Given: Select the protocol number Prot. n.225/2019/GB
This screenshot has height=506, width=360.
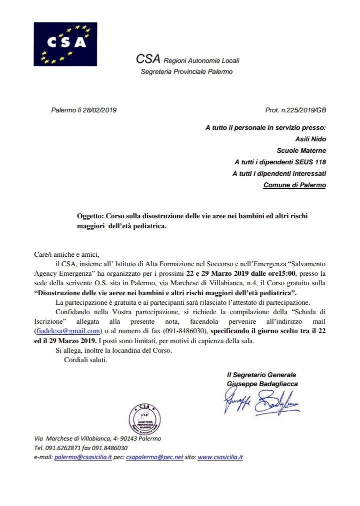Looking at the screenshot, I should coord(295,110).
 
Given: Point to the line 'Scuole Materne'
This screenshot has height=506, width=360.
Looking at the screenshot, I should coord(301,150).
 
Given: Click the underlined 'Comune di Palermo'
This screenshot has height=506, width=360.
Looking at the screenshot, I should coord(294,185).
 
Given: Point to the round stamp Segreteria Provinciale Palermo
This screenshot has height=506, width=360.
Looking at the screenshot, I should coord(145,418).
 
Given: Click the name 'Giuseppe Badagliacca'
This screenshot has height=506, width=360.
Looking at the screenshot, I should coord(262,384).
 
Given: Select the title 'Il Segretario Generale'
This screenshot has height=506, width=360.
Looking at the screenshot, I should coord(261,375).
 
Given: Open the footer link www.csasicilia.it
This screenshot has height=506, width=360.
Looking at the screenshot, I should coord(220,457).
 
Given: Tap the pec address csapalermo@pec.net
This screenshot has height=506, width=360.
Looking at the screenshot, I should coord(155,457).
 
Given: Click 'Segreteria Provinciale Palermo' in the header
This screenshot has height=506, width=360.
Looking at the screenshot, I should coord(186,71).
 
